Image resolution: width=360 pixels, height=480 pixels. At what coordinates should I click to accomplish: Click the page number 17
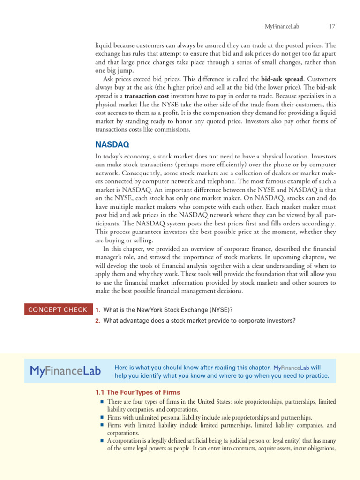click(332, 26)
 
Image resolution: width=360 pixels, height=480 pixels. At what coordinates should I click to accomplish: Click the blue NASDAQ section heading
click(112, 145)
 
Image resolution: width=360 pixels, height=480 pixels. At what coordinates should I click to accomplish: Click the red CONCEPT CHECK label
click(58, 309)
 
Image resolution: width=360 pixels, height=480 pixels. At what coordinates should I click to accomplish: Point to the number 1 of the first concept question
click(97, 310)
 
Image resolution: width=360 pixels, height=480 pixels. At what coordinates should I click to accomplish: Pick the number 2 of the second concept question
click(97, 321)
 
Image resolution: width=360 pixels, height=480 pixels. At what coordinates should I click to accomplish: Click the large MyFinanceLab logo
click(65, 371)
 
